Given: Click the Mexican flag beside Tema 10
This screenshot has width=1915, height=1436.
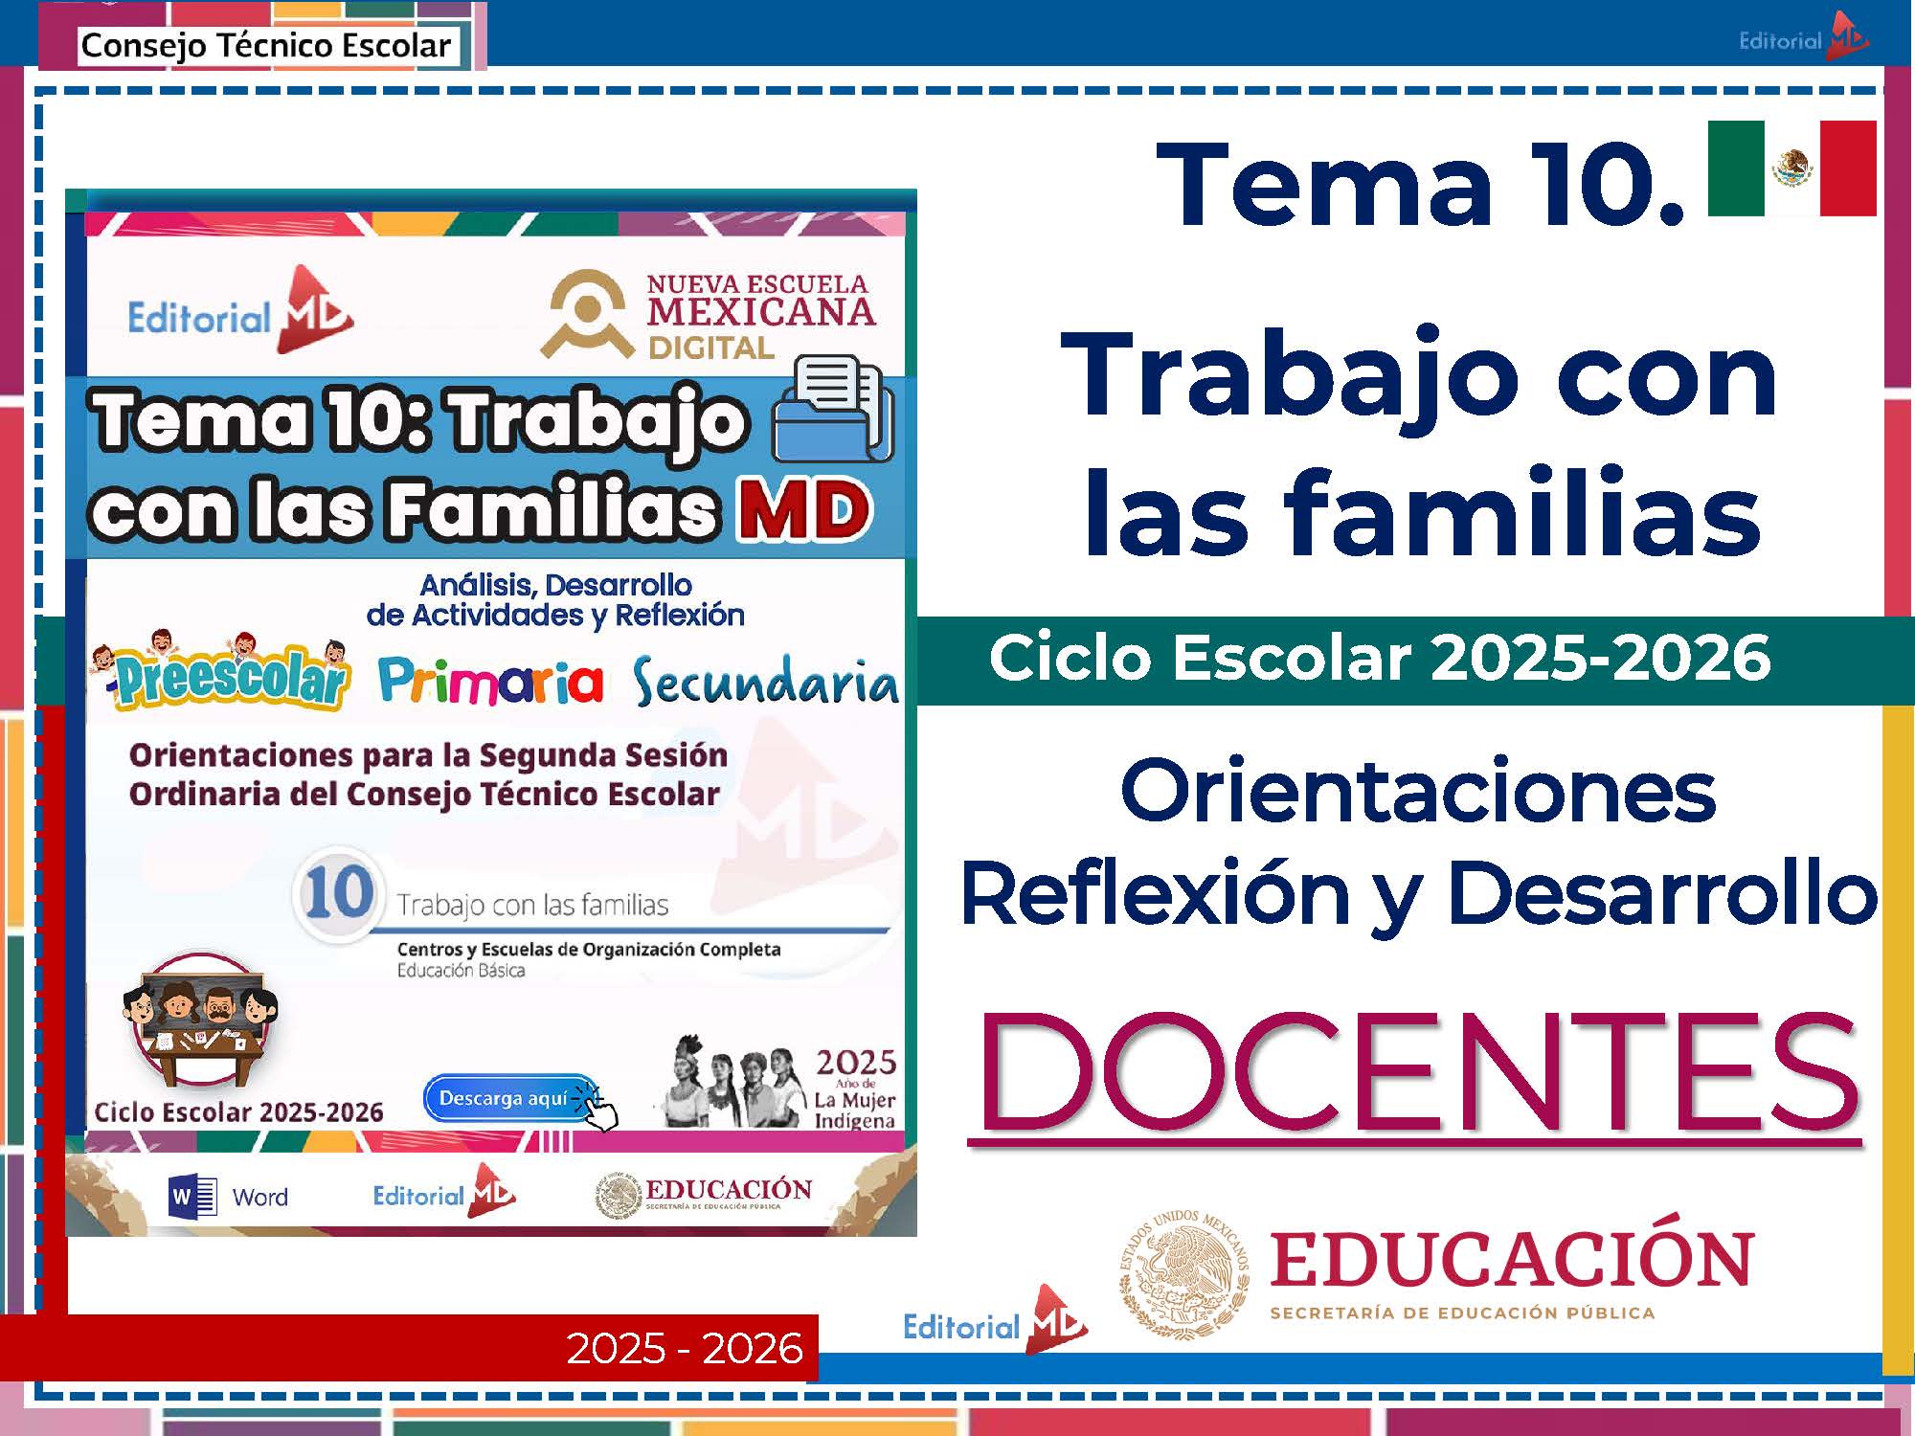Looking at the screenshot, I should [1791, 168].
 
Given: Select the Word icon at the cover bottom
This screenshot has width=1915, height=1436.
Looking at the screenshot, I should [192, 1196].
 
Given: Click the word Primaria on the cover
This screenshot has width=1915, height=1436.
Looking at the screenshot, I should [490, 681].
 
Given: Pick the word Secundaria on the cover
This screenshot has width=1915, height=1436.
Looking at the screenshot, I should [765, 681].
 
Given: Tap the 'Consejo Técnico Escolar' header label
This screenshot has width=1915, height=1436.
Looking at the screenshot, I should [265, 45].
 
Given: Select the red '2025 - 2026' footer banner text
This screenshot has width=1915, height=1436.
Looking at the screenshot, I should [684, 1348].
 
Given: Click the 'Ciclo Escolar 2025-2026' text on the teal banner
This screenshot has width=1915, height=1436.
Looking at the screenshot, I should [1380, 658].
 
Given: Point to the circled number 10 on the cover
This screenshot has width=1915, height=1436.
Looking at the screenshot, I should [338, 892].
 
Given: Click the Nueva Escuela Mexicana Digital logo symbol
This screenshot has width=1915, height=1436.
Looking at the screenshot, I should [588, 313].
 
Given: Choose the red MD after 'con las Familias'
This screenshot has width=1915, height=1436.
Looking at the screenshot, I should [803, 509].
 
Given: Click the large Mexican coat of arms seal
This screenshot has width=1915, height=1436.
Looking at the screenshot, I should [1184, 1274].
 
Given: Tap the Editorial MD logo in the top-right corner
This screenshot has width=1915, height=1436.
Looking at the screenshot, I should [1803, 38].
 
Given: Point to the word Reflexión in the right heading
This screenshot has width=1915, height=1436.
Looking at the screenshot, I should [1154, 893].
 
